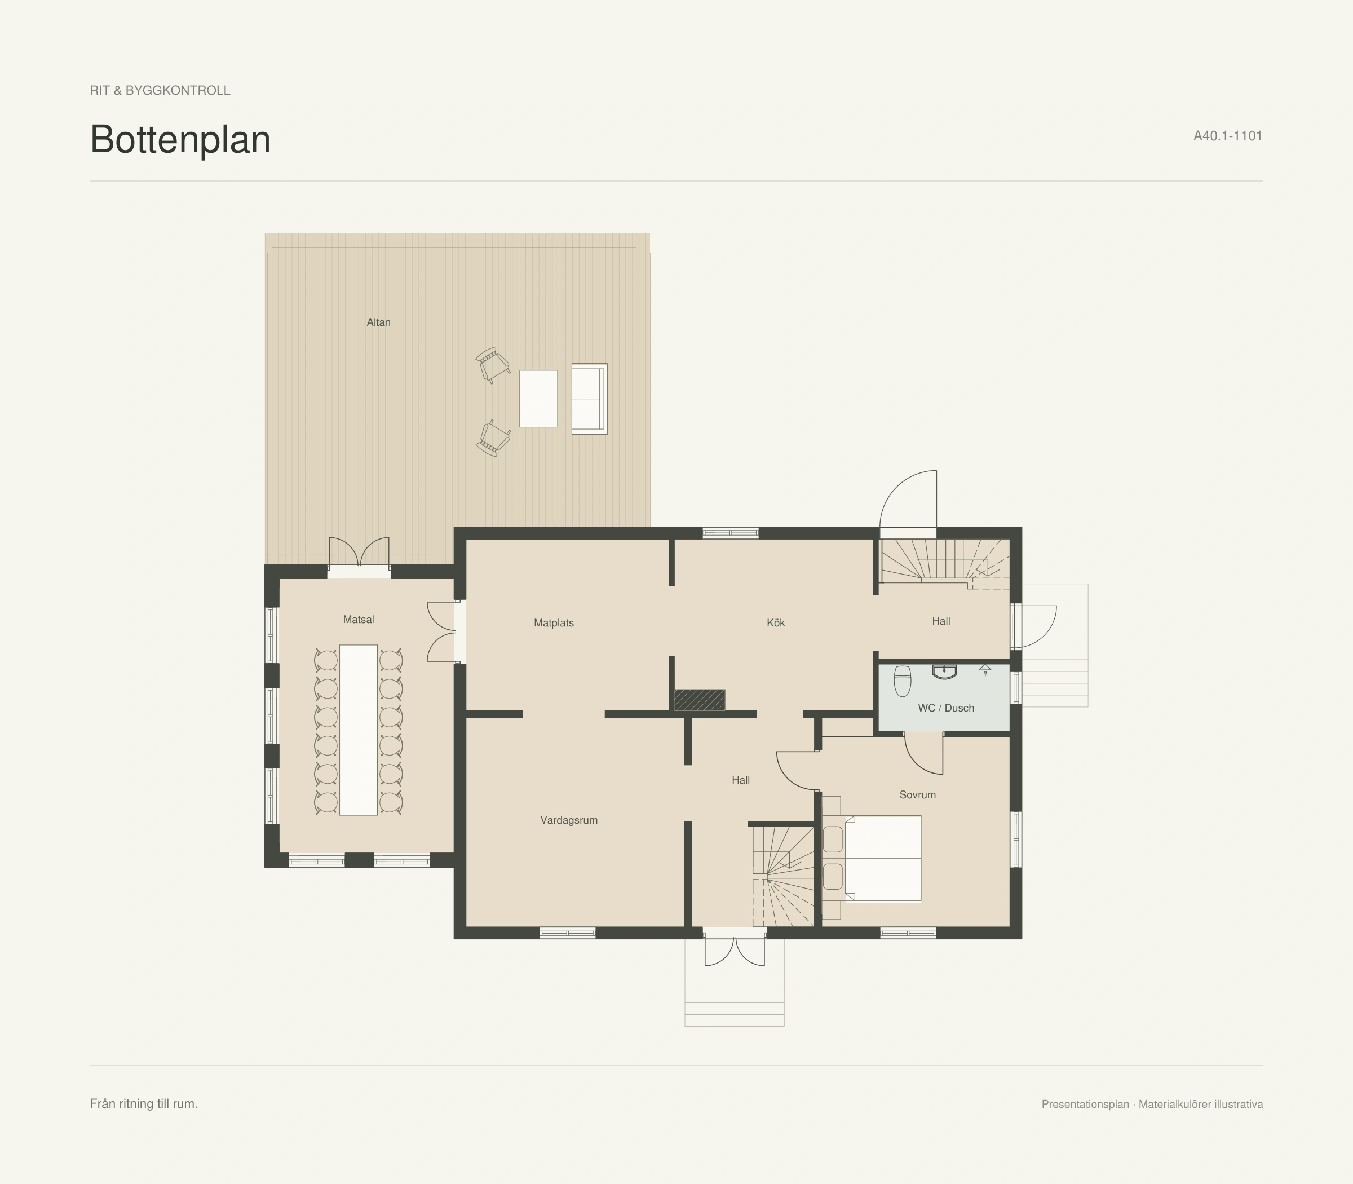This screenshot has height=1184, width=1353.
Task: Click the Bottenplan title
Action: pos(180,139)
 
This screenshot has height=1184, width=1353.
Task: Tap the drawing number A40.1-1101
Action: pos(1227,136)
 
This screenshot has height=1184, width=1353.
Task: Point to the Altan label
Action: pos(378,322)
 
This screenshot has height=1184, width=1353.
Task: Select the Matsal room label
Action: pos(359,620)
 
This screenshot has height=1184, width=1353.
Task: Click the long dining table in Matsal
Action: pos(358,730)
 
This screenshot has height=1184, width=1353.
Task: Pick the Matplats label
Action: pos(554,623)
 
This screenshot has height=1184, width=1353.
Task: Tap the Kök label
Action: pos(776,623)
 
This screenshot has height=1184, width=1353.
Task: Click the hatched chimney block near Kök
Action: pos(700,700)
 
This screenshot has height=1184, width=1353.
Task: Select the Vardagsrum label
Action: pos(569,820)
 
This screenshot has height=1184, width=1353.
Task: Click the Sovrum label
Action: pos(918,795)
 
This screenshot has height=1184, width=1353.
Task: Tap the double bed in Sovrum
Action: pos(883,858)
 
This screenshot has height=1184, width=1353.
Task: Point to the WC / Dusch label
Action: pos(946,708)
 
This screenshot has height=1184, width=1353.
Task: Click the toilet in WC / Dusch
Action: pos(903,681)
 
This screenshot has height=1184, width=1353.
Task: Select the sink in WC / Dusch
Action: pos(945,672)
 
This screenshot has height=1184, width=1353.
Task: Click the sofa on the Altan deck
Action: pos(589,399)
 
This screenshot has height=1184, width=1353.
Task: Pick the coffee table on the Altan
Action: pos(538,399)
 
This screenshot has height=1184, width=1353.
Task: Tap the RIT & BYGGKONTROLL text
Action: pos(160,91)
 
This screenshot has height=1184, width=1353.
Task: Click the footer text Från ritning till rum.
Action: pos(144,1104)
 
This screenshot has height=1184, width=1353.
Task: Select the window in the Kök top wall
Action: pos(730,533)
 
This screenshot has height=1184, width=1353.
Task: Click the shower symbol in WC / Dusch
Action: pos(985,670)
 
